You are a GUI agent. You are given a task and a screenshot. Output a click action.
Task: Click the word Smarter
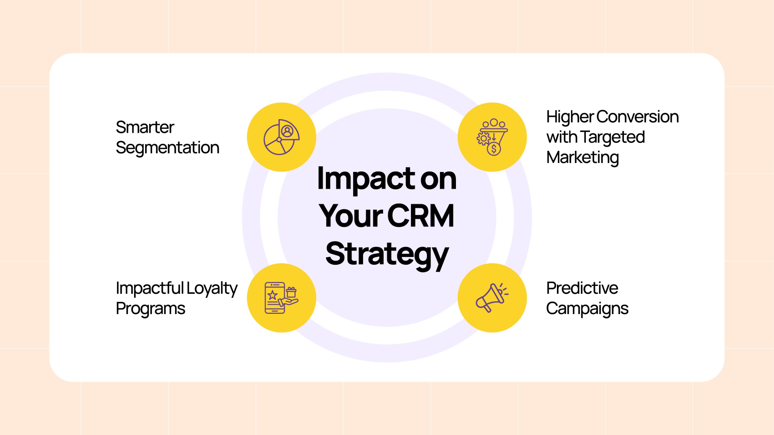tap(145, 127)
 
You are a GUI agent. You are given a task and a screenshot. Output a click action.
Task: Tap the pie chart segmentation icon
tap(281, 137)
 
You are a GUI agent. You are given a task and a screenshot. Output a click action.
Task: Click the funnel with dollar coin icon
tap(492, 137)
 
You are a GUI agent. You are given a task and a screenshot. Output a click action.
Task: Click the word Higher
tap(570, 118)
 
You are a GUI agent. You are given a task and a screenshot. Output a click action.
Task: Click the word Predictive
tap(582, 288)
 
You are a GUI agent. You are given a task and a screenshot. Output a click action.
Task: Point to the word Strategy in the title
tap(387, 255)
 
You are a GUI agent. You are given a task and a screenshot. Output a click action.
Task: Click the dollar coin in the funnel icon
tap(494, 149)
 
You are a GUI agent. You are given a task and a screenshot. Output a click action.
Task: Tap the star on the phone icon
tap(272, 295)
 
